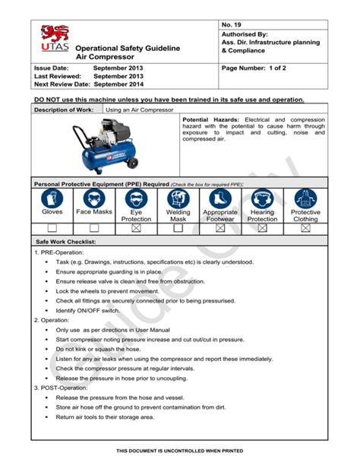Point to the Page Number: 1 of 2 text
(x=256, y=68)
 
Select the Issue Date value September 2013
(x=118, y=68)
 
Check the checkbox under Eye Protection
(x=137, y=227)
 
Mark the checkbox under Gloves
(x=52, y=227)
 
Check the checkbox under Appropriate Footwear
(x=220, y=227)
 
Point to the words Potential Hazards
(x=212, y=120)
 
